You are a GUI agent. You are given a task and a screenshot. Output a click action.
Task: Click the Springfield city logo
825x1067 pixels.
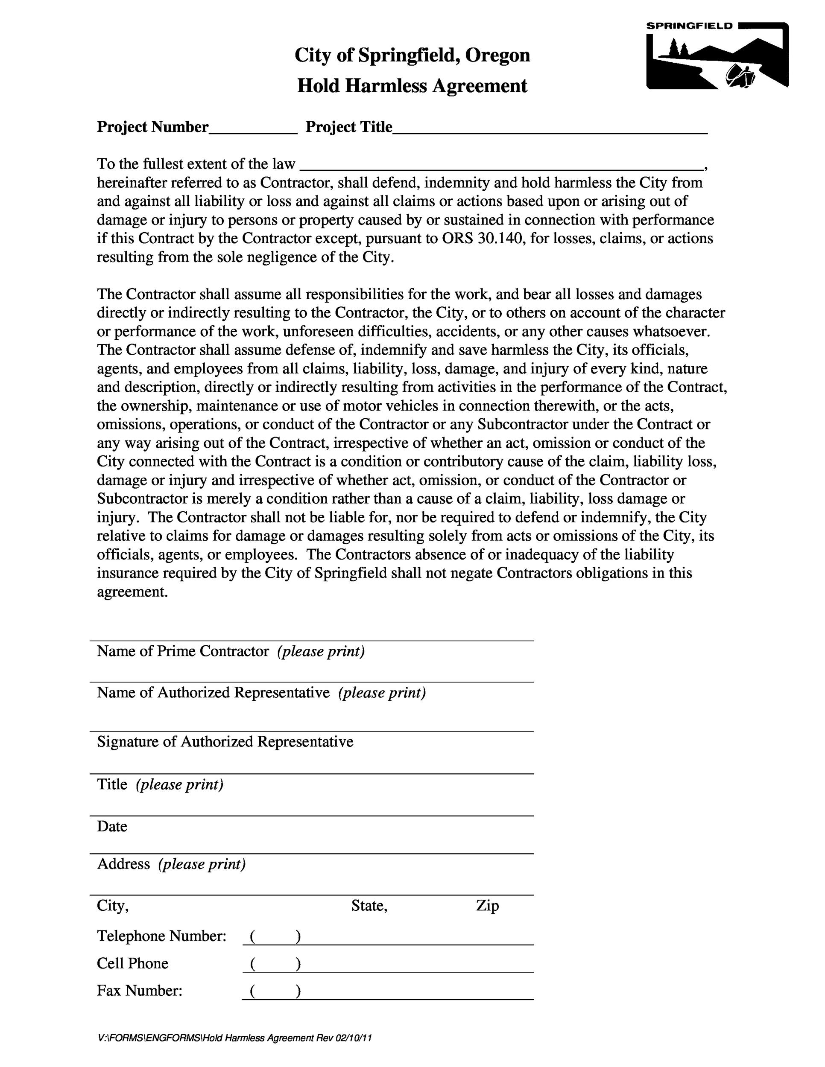coord(717,55)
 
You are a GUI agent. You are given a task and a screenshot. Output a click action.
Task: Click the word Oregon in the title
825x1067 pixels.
coord(497,55)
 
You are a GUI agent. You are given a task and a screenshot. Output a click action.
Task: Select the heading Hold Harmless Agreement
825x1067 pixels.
coord(412,86)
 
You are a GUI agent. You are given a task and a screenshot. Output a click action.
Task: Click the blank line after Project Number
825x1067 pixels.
coord(253,131)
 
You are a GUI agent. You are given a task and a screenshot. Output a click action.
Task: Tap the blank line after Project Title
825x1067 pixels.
coord(550,131)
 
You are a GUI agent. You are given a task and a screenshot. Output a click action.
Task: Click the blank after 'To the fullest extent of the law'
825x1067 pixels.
coord(501,167)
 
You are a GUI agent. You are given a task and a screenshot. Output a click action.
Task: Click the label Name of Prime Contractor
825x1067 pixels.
coord(183,651)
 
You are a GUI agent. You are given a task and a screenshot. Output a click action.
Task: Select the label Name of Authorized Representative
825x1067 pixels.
coord(213,693)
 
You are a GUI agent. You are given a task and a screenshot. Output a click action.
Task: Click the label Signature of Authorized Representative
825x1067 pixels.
coord(225,742)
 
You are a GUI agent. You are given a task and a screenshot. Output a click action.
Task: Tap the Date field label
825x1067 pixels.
coord(112,826)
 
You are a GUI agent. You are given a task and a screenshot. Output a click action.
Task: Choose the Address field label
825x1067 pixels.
coord(123,864)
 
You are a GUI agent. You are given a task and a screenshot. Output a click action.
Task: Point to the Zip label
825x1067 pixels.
coord(487,906)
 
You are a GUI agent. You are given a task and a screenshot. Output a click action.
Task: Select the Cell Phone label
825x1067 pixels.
coord(132,963)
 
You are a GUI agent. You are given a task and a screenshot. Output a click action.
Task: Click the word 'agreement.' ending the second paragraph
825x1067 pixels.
coord(132,592)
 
